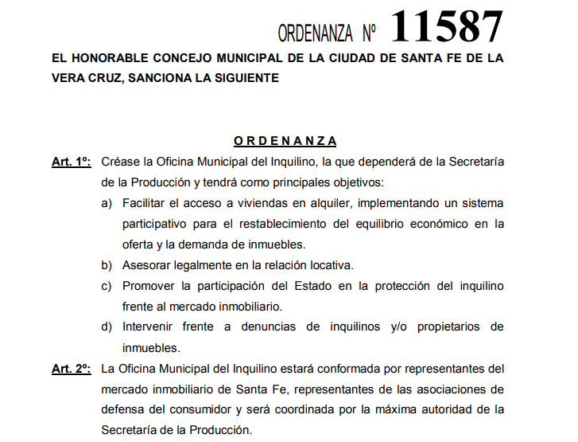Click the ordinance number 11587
(447, 26)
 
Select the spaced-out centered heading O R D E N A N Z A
(285, 141)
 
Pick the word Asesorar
(149, 264)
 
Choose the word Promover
(150, 285)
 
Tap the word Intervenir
(150, 327)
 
